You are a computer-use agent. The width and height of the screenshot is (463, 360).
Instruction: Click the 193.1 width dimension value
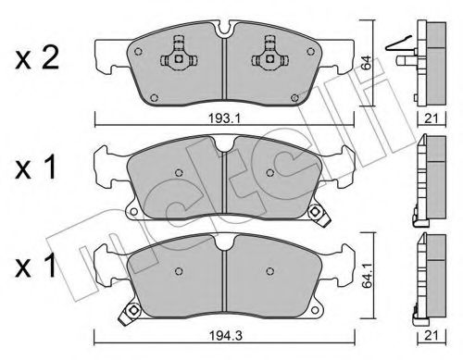pyautogui.click(x=224, y=118)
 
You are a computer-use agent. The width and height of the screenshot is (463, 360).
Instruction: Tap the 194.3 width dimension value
pyautogui.click(x=226, y=335)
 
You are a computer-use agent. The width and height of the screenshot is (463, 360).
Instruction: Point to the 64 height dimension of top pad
pyautogui.click(x=367, y=63)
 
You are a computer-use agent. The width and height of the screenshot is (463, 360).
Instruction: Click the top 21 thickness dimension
pyautogui.click(x=432, y=118)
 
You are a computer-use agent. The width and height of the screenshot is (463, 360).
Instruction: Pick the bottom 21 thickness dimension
pyautogui.click(x=432, y=335)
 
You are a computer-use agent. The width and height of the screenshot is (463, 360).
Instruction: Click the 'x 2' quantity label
pyautogui.click(x=37, y=58)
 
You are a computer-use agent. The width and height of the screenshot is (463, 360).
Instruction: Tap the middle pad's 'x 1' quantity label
pyautogui.click(x=36, y=168)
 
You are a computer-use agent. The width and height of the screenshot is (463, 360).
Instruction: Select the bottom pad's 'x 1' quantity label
pyautogui.click(x=36, y=265)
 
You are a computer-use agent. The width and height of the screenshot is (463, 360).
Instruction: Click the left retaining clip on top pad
pyautogui.click(x=179, y=55)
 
